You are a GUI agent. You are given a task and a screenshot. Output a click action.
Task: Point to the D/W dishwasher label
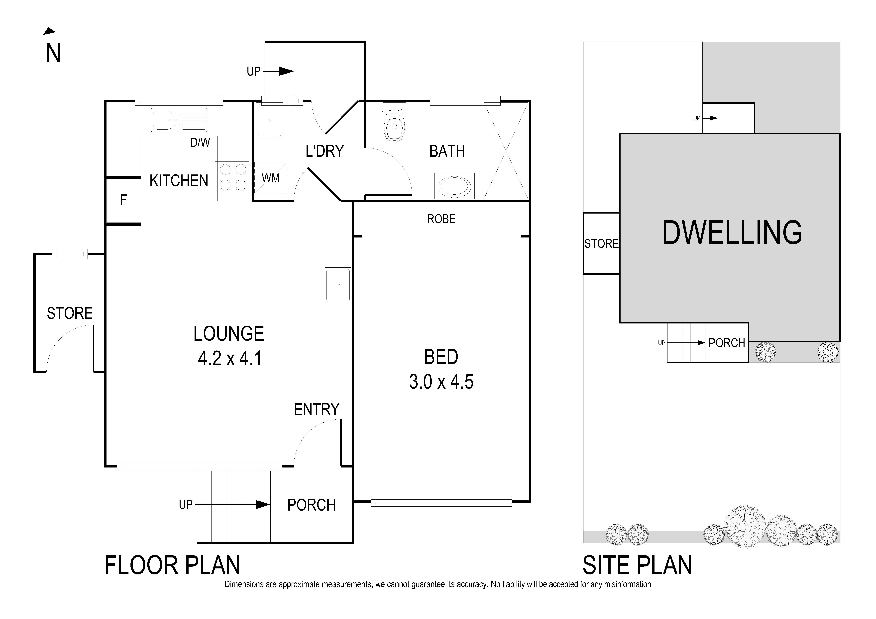tap(200, 143)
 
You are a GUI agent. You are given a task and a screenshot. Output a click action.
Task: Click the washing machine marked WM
tap(271, 178)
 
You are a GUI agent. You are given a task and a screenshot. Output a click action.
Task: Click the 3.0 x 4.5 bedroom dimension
tap(441, 382)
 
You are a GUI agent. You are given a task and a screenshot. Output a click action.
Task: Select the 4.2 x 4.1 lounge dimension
tap(230, 359)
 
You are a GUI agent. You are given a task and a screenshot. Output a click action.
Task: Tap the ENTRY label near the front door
tap(316, 410)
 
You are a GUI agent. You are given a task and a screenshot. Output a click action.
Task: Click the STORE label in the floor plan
tap(70, 313)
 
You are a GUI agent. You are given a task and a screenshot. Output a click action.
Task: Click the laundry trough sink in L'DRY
tap(269, 120)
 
